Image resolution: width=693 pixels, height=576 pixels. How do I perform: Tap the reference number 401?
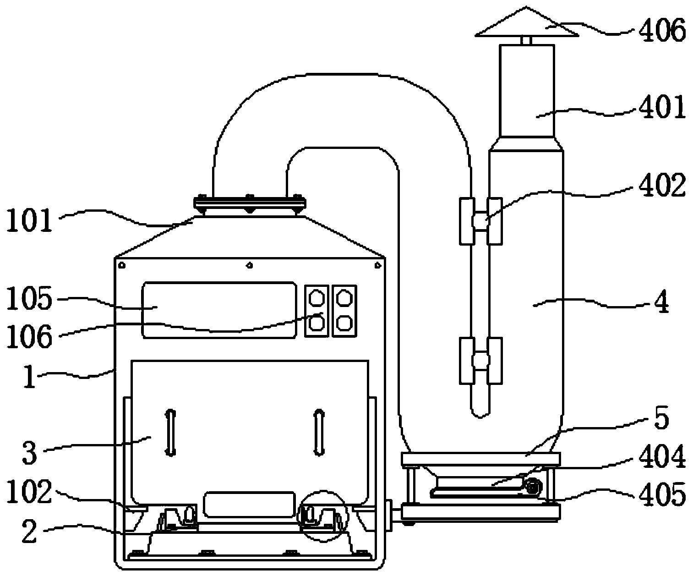click(662, 107)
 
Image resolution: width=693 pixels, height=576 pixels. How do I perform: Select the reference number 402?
click(662, 185)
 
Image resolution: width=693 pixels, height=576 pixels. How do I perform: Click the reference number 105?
click(29, 298)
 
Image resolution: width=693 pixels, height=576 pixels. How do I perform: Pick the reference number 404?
click(662, 456)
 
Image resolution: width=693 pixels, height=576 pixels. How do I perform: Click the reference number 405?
click(662, 494)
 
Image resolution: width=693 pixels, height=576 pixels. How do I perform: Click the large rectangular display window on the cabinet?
click(219, 310)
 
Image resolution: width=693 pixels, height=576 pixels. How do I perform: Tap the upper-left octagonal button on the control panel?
click(316, 297)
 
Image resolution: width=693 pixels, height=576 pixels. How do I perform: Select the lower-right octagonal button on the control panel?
click(344, 323)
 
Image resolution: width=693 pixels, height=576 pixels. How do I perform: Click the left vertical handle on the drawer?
click(170, 433)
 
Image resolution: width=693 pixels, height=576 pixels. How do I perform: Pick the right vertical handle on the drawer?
click(319, 433)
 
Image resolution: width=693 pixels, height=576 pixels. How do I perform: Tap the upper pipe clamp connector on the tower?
click(480, 221)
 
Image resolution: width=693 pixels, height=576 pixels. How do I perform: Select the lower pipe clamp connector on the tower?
click(480, 361)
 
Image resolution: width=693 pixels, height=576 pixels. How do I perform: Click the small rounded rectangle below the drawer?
click(249, 505)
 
